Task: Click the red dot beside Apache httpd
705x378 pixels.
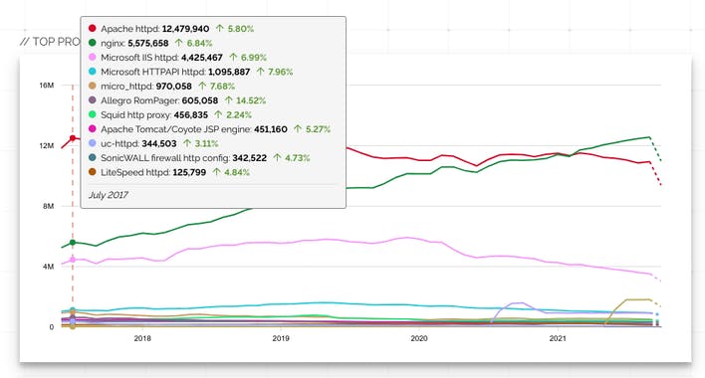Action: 93,28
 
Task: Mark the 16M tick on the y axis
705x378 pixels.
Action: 46,86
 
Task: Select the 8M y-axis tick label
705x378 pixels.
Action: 46,206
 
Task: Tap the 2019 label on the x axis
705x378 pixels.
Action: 280,338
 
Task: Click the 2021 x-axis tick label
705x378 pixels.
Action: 558,338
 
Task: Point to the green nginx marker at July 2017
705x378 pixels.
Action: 72,243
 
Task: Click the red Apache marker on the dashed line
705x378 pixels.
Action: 72,138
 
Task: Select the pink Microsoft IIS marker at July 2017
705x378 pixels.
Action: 72,260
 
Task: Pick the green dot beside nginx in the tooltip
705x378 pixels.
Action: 93,43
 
